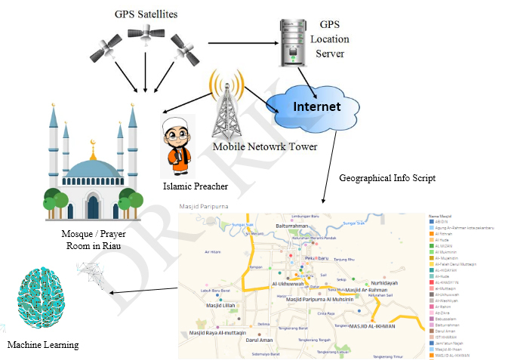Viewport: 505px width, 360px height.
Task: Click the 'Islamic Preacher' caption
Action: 195,186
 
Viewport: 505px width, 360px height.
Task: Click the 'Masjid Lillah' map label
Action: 222,306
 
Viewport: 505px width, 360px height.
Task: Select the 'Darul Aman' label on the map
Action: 260,340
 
